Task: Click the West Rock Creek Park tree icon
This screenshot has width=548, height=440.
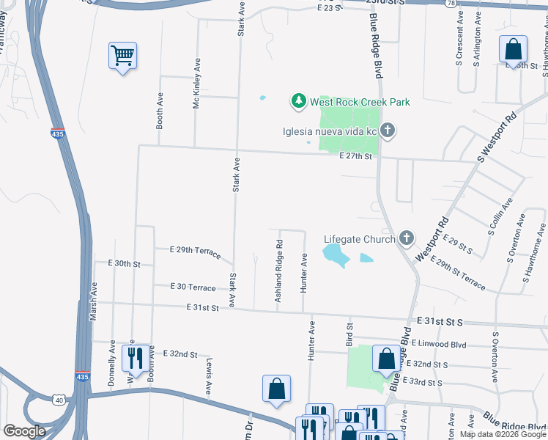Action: pos(298,102)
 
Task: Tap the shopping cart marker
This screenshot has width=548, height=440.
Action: pos(122,56)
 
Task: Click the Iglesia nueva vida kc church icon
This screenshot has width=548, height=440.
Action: pos(388,132)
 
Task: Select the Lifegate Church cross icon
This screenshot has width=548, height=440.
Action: pos(407,239)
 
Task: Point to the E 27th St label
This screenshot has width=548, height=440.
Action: pos(356,156)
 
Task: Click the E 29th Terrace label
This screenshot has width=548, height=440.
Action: pos(194,252)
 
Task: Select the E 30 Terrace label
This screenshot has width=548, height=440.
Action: pos(193,287)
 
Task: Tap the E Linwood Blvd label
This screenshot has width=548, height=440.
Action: pos(439,343)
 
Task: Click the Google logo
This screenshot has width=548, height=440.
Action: pos(25,431)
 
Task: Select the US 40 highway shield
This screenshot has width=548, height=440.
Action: pos(59,399)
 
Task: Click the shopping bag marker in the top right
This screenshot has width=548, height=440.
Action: pos(513,50)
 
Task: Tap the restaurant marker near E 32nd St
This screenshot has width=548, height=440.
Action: pos(134,358)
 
